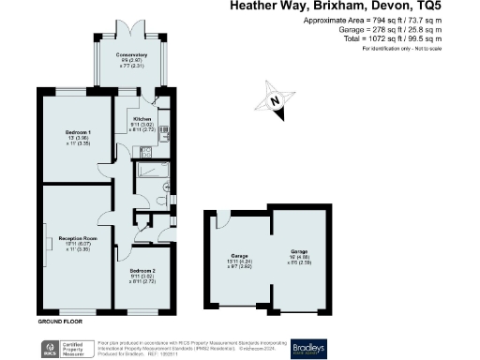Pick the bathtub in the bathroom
pos(151,172)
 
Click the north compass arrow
pos(274,101)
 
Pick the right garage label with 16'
pos(298,255)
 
